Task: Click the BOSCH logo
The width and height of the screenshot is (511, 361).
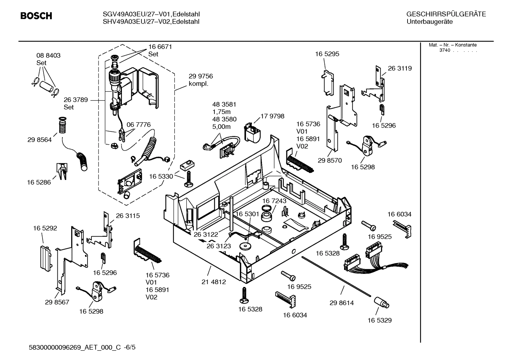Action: click(x=36, y=16)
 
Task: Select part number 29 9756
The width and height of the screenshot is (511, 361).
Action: click(x=201, y=76)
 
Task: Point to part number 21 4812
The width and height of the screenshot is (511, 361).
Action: click(x=214, y=282)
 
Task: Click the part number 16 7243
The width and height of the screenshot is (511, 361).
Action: click(x=274, y=201)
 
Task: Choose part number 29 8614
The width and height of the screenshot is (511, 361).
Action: click(x=342, y=303)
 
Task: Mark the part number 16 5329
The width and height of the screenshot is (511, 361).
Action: click(x=380, y=320)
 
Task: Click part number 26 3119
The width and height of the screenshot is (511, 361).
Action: click(x=400, y=68)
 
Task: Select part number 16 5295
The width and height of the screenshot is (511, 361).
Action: click(x=327, y=54)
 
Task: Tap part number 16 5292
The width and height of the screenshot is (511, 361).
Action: click(x=45, y=229)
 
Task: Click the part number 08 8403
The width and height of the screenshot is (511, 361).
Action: click(x=49, y=56)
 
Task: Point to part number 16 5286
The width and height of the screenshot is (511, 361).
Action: click(x=39, y=182)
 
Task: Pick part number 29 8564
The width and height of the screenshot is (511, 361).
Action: click(x=39, y=140)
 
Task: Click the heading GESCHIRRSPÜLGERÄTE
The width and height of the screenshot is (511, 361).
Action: click(x=446, y=14)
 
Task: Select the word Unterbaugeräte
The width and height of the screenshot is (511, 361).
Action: click(x=429, y=22)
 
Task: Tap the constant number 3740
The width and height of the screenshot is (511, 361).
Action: click(x=444, y=50)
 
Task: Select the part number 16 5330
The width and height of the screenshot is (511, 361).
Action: click(x=161, y=176)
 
